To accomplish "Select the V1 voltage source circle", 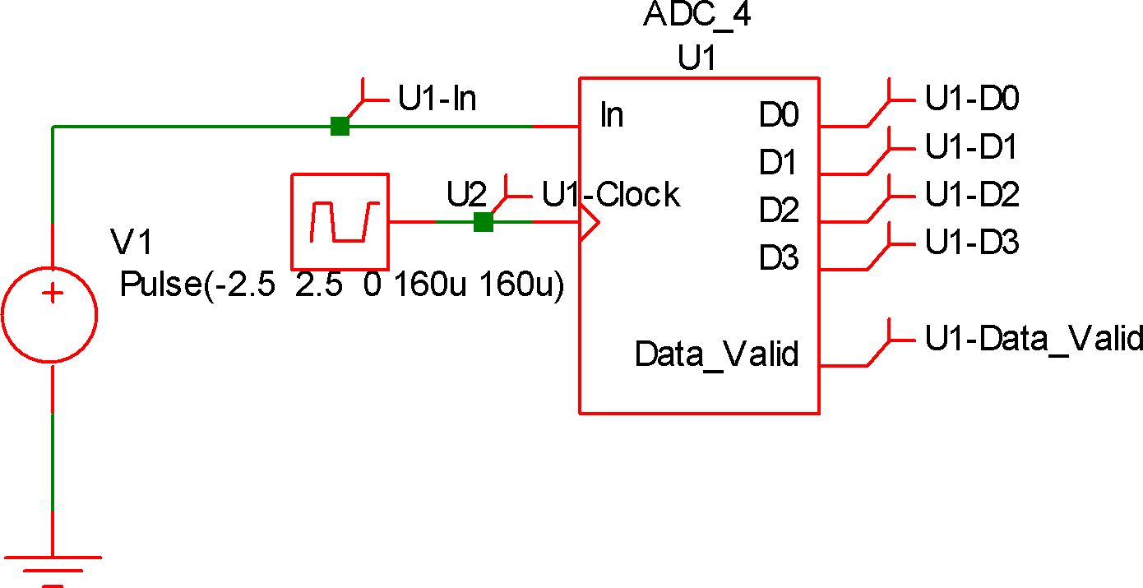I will [51, 315].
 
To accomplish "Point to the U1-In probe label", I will [437, 99].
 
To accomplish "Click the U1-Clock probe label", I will [610, 195].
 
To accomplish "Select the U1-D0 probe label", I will [972, 99].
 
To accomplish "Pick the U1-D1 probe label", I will [971, 147].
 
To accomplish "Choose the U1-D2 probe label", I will [972, 195].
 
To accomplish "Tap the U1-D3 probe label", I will [972, 243].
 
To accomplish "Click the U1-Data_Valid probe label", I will [1034, 339].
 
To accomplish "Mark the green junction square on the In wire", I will [340, 127].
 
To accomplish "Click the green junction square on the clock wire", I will [484, 222].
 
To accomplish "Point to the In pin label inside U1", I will [612, 115].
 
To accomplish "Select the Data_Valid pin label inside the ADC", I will [716, 354].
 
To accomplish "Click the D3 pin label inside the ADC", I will [779, 259].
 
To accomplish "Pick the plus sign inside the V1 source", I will [53, 294].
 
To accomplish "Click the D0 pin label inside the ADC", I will [779, 116].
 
